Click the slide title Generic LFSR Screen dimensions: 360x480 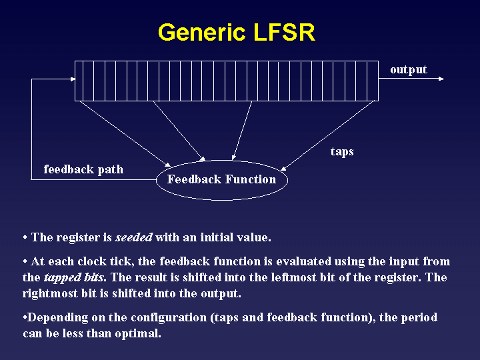pyautogui.click(x=236, y=33)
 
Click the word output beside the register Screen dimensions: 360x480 pyautogui.click(x=408, y=70)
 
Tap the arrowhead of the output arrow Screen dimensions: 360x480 pyautogui.click(x=441, y=79)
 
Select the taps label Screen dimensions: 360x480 pyautogui.click(x=342, y=152)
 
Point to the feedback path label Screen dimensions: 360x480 pyautogui.click(x=83, y=169)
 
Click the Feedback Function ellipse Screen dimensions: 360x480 pyautogui.click(x=222, y=180)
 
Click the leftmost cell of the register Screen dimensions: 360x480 pyautogui.click(x=79, y=81)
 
